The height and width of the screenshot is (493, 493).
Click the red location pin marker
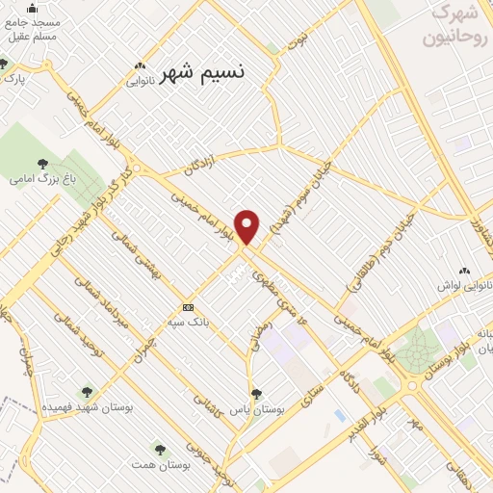pyautogui.click(x=247, y=225)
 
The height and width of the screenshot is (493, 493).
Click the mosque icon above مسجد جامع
pyautogui.click(x=34, y=8)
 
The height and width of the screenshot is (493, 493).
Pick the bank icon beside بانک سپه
pyautogui.click(x=188, y=308)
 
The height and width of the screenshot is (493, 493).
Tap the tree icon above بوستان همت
pyautogui.click(x=160, y=449)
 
